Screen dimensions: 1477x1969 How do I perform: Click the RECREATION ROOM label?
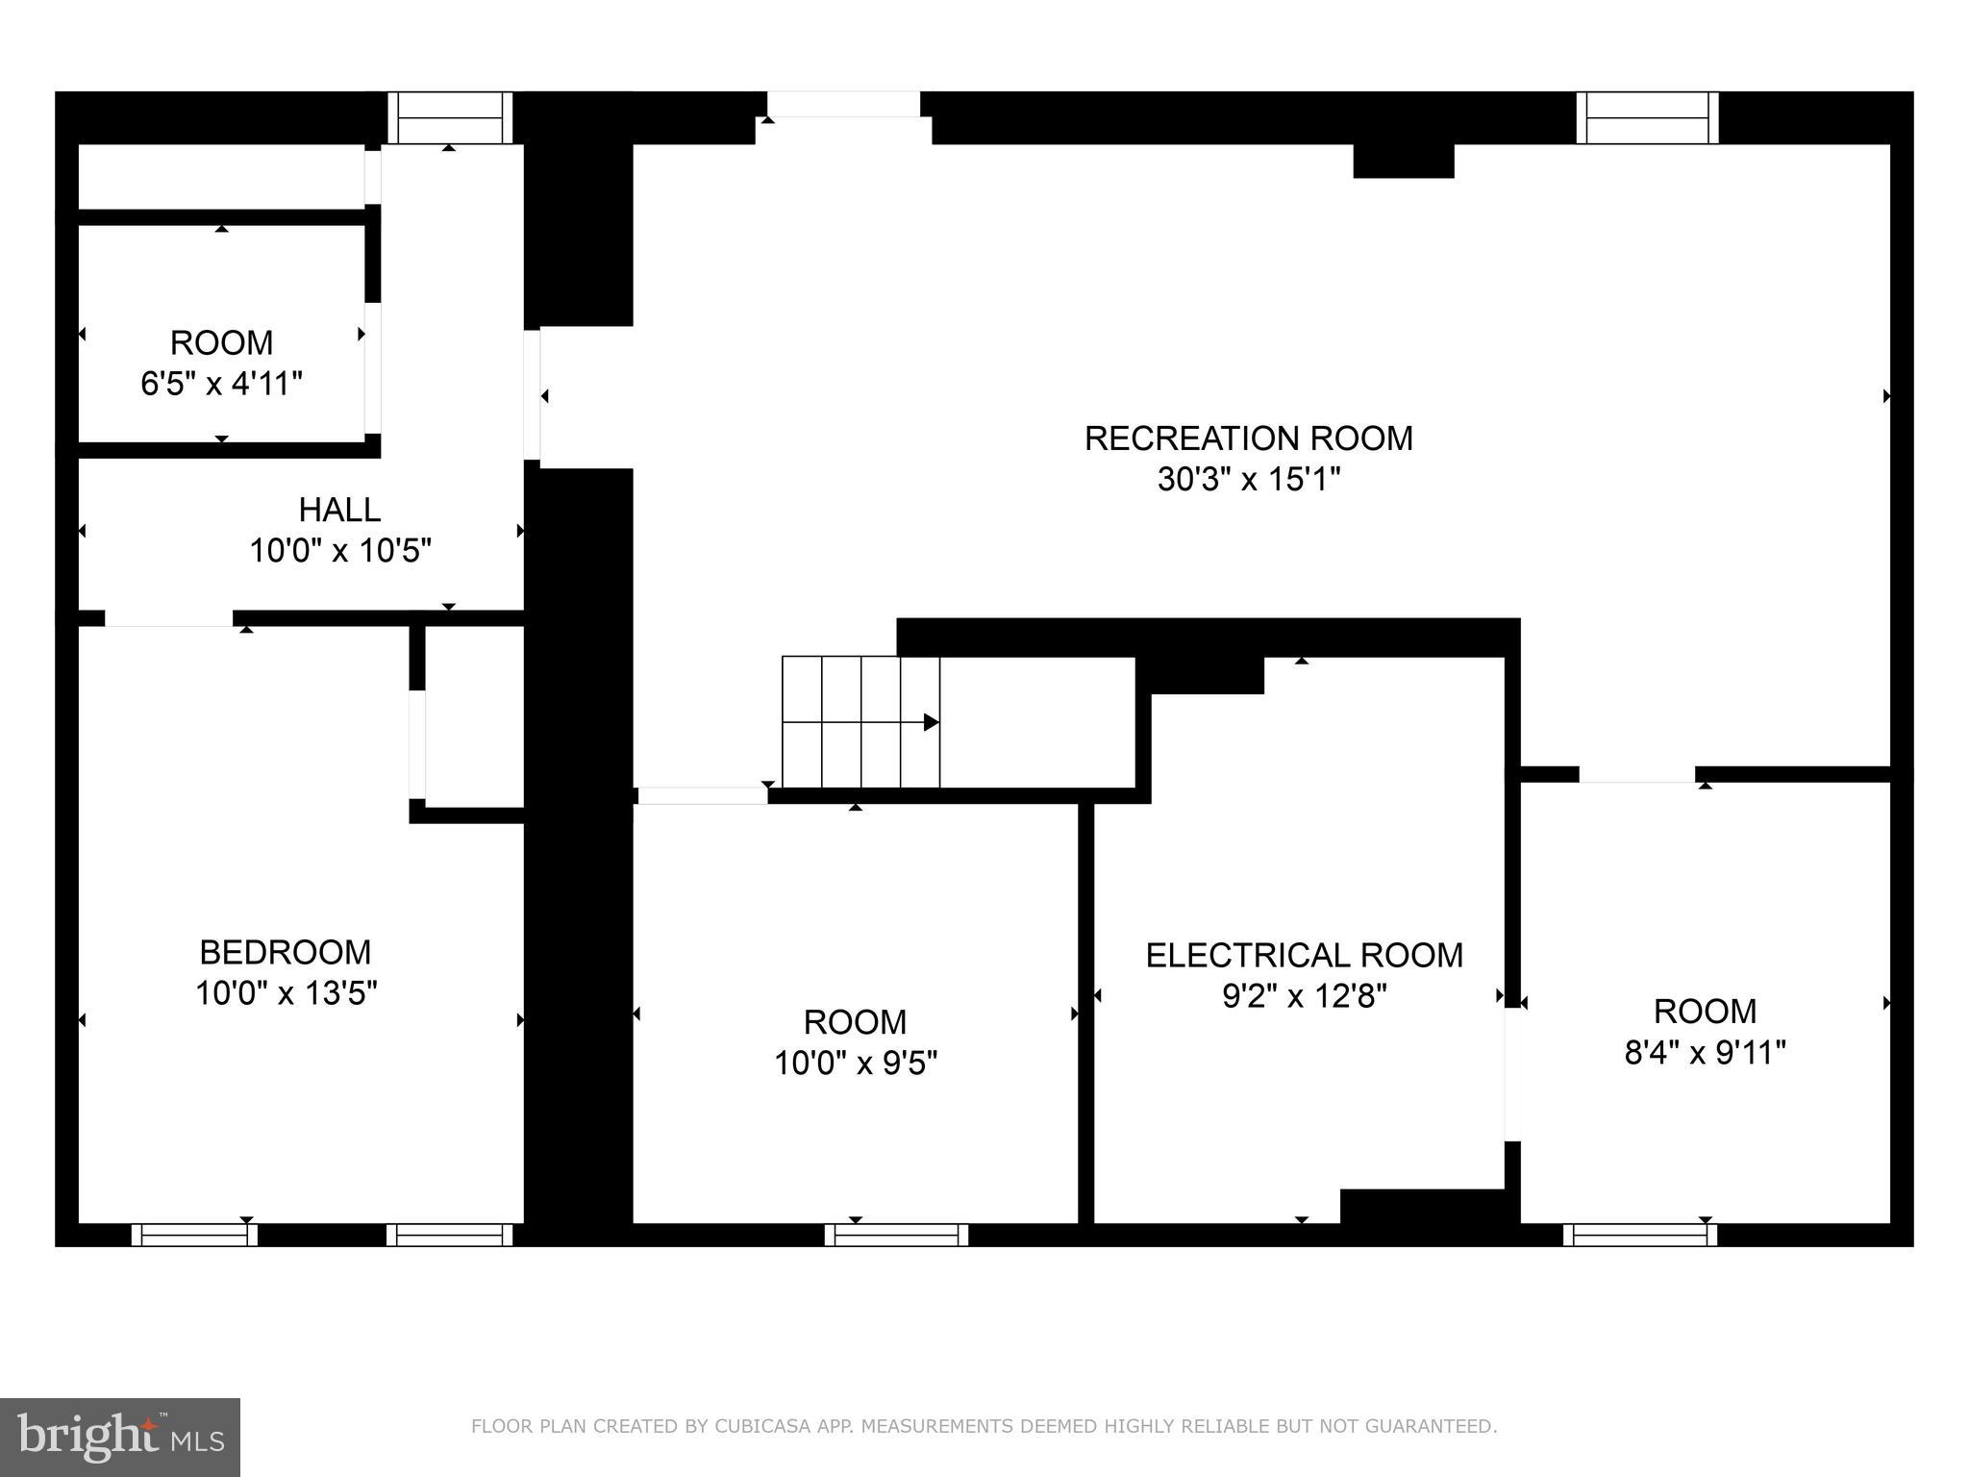coord(1248,438)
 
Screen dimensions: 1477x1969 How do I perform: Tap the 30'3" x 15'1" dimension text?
coord(1248,479)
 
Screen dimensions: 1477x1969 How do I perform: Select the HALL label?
coord(339,510)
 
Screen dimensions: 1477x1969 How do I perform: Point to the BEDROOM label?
coord(286,952)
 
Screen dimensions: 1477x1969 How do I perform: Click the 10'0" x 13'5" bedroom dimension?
coord(286,992)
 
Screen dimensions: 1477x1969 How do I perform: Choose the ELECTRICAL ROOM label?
coord(1304,955)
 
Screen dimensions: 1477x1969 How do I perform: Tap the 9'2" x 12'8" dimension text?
coord(1304,996)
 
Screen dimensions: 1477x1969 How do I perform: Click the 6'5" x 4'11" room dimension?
coord(221,384)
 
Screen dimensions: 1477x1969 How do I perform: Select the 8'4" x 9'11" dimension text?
coord(1705,1053)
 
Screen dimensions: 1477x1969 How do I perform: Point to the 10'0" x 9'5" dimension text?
coord(856,1063)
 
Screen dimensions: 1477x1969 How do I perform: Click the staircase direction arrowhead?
coord(931,722)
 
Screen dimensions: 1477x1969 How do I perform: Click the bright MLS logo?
coord(120,1437)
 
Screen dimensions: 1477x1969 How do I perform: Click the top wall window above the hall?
coord(450,117)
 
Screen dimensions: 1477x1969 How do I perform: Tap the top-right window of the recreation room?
coord(1647,117)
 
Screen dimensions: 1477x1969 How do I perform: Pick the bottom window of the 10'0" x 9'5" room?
coord(896,1235)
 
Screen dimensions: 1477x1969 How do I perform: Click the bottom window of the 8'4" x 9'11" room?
coord(1639,1235)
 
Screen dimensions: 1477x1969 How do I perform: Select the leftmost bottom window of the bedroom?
coord(194,1235)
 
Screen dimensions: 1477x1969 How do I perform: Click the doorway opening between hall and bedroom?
coord(168,618)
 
